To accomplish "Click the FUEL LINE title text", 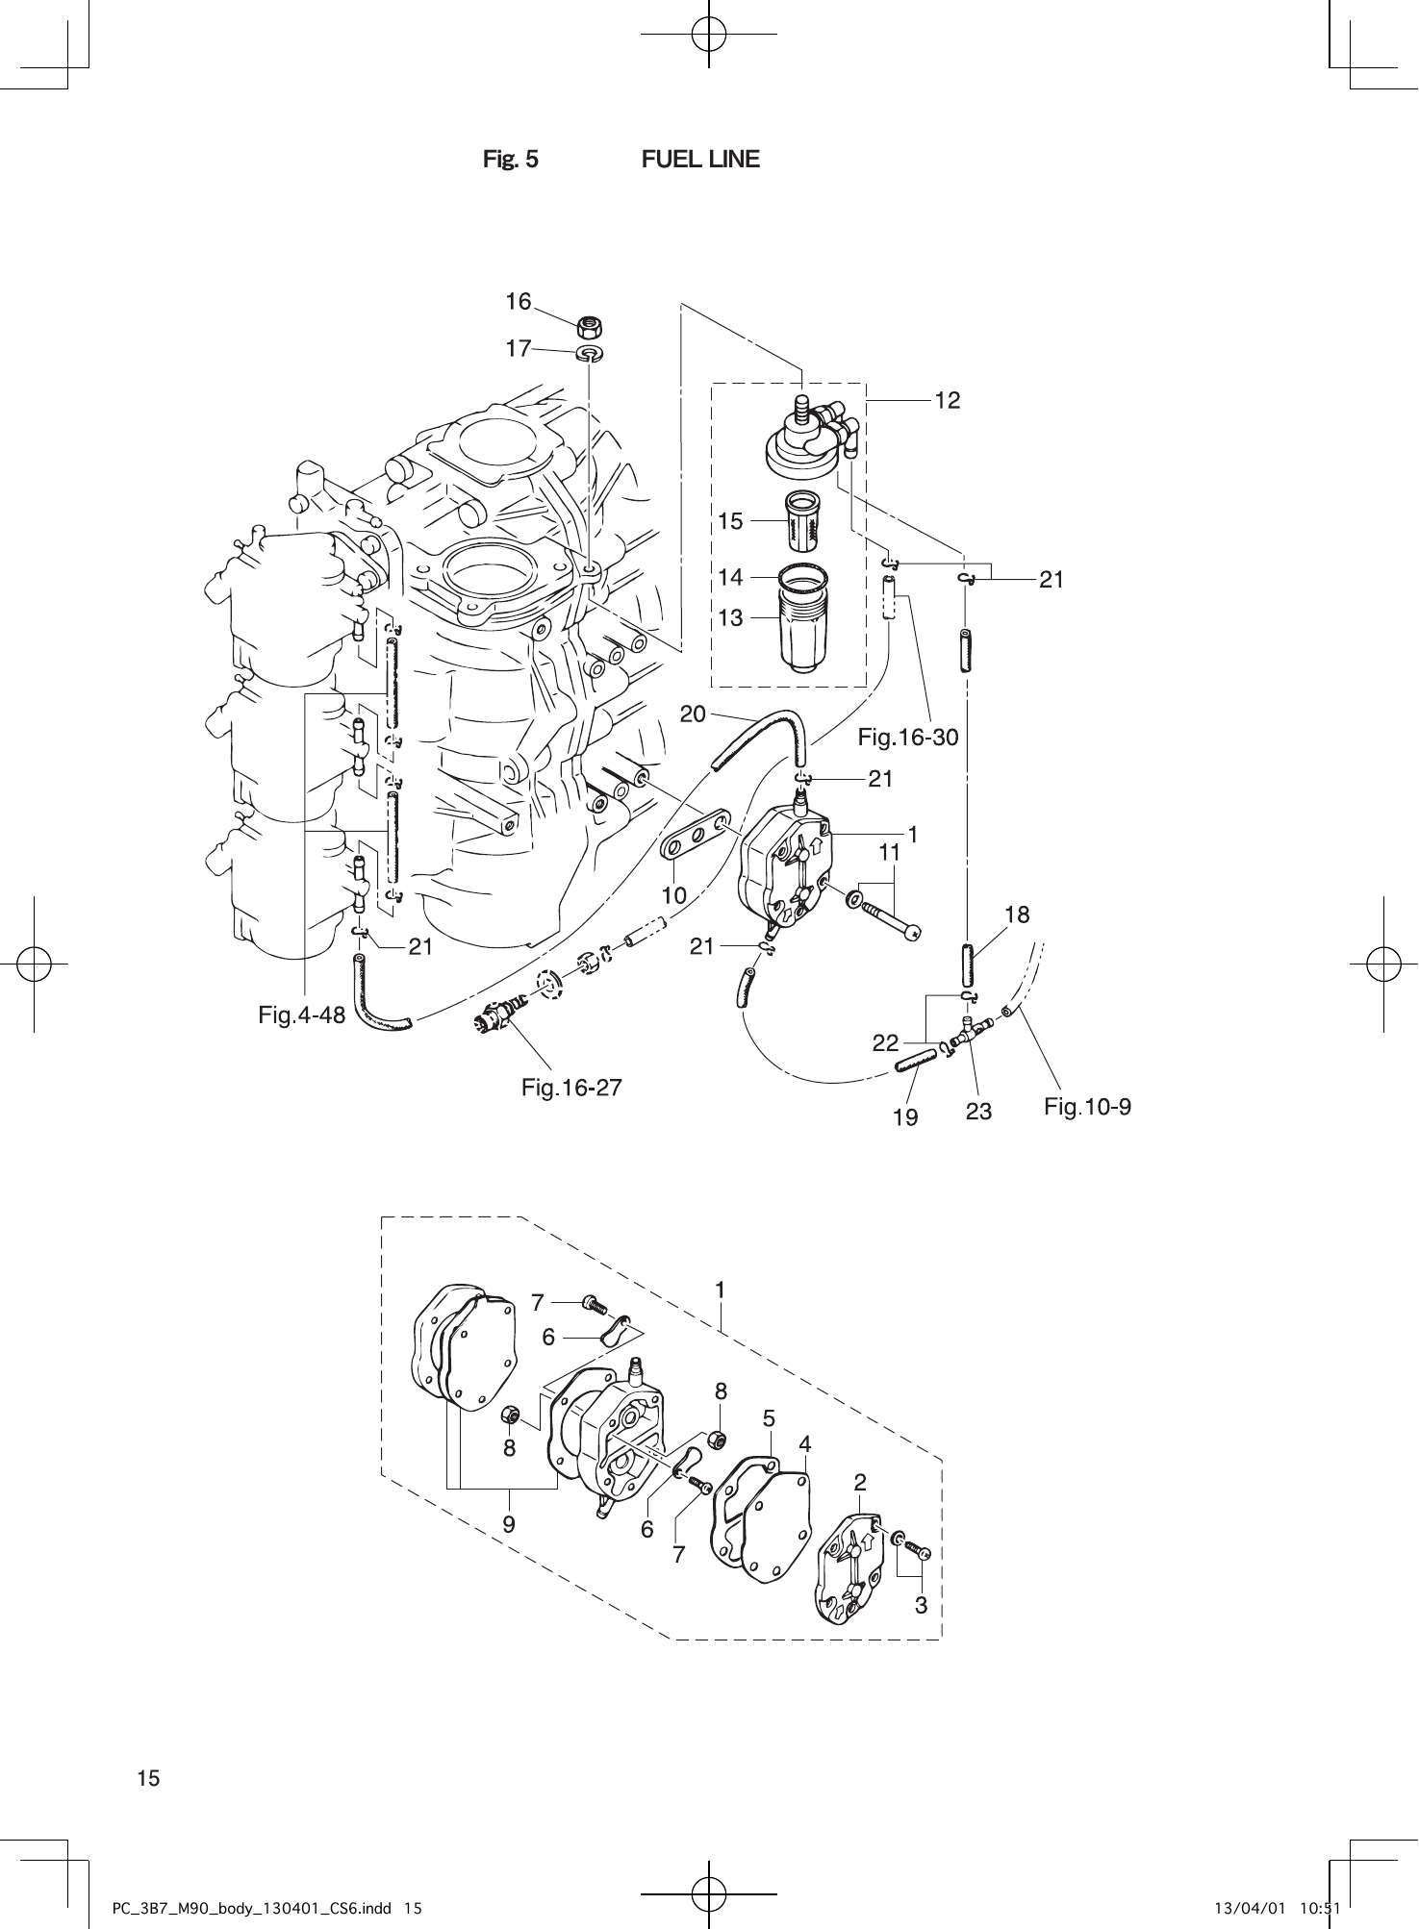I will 699,160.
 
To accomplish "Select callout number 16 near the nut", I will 519,302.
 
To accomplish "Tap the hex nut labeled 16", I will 590,327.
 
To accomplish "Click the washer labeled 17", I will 590,353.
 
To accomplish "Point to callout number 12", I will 947,400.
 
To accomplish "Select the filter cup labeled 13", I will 803,630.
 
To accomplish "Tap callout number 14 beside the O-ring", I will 730,578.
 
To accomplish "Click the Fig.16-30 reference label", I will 907,738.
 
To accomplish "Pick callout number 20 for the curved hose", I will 693,714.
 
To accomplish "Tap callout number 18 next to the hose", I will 1017,914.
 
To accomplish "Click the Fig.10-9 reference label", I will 1087,1107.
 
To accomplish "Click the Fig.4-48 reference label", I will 301,1014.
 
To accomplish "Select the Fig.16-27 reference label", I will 571,1088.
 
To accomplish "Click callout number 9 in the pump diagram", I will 508,1523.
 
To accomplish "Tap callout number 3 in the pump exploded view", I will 921,1605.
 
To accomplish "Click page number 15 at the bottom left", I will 148,1778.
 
